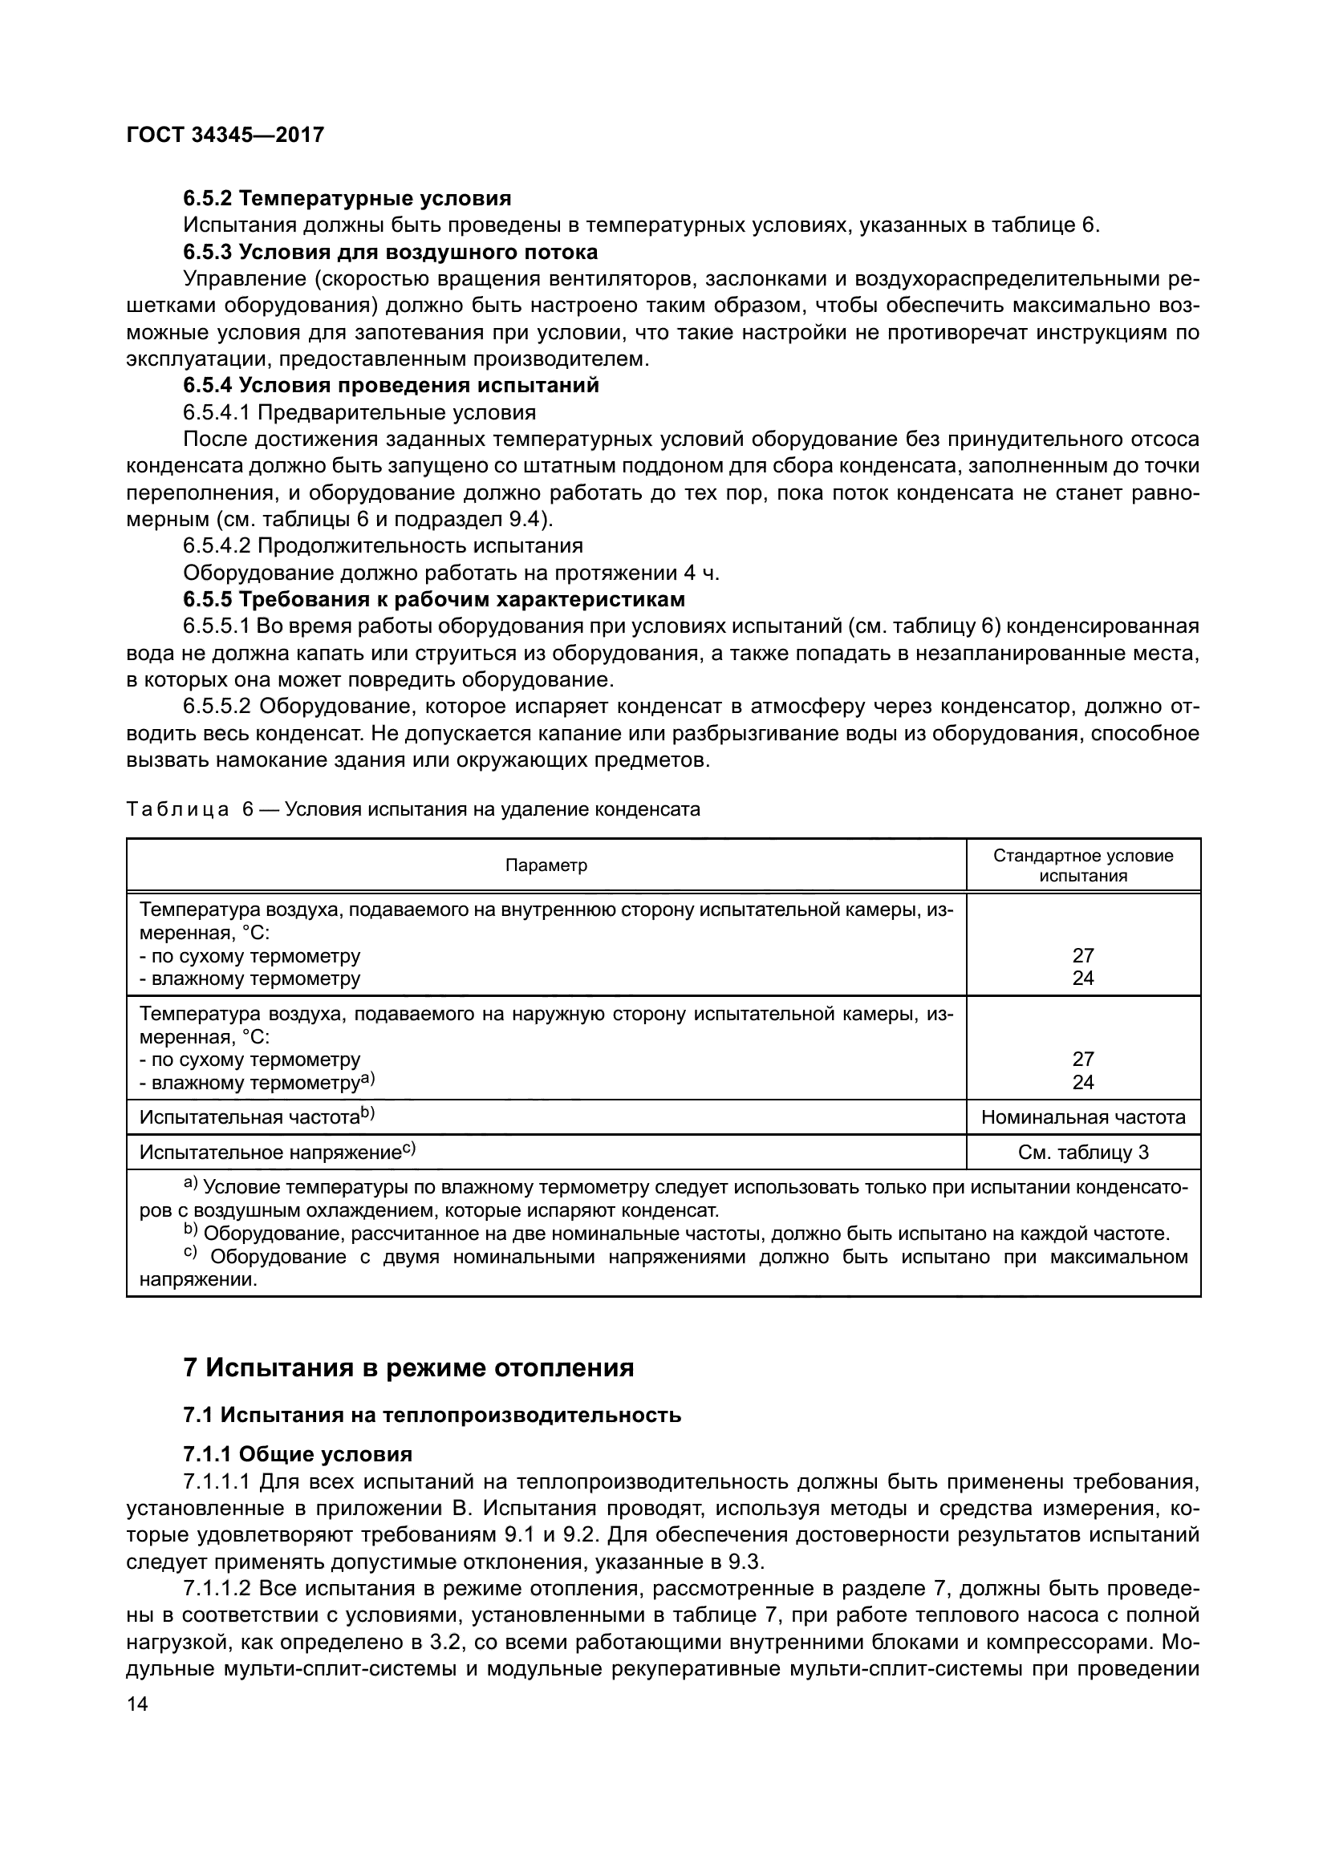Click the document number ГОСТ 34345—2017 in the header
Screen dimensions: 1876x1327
[x=225, y=135]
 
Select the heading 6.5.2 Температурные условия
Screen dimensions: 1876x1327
[x=347, y=198]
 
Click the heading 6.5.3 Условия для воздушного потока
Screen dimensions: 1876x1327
[x=391, y=252]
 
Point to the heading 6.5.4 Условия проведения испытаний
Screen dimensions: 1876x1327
[x=392, y=386]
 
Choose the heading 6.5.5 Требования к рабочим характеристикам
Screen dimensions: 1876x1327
[x=434, y=600]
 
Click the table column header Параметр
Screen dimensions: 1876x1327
[x=546, y=865]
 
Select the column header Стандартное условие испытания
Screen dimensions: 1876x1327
[x=1082, y=865]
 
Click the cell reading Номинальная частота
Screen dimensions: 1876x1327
[x=1082, y=1117]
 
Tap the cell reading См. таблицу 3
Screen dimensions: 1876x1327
[x=1082, y=1152]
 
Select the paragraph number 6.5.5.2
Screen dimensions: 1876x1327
[x=217, y=706]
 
